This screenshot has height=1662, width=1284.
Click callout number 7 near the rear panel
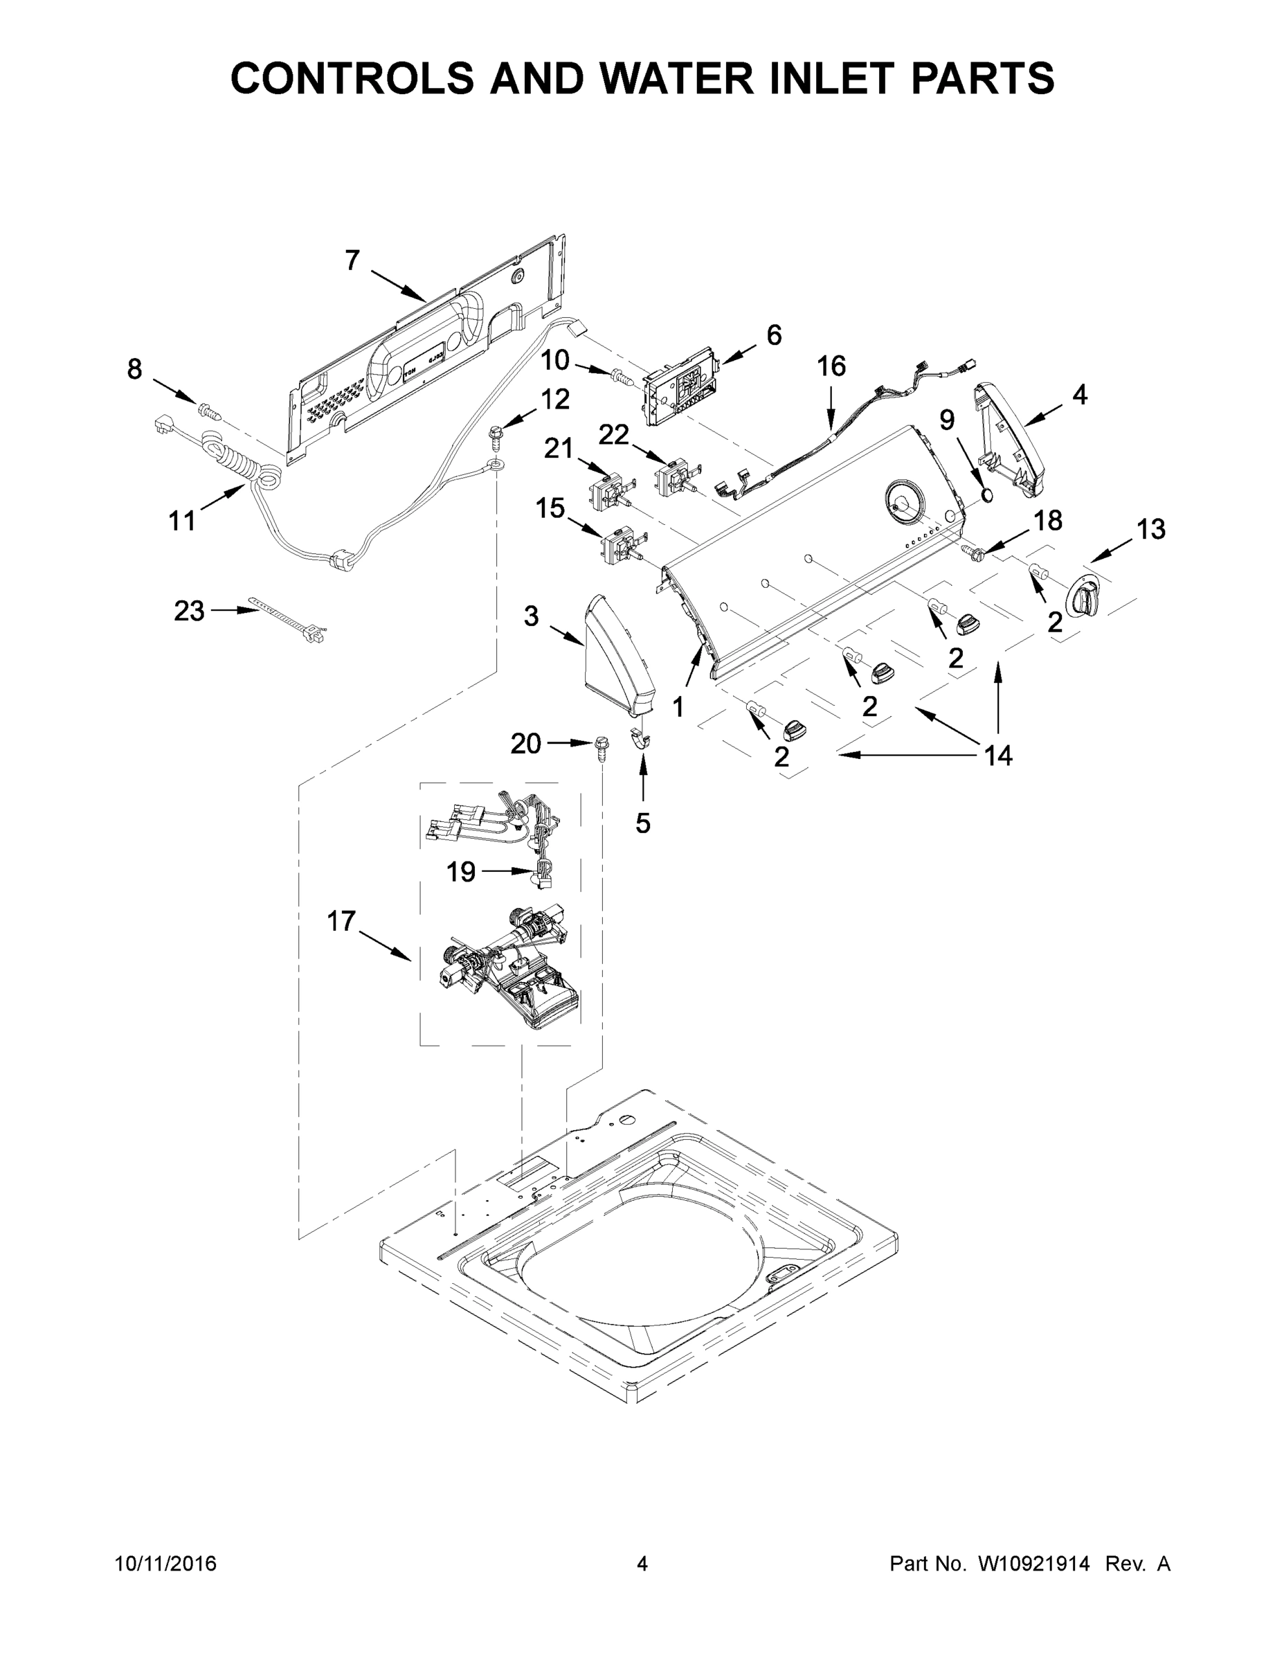[352, 261]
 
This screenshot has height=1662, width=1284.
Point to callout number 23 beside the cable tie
[189, 610]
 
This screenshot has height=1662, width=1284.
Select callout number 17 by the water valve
[341, 921]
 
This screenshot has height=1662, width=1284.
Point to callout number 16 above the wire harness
[831, 366]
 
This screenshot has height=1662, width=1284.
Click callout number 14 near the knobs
[998, 756]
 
